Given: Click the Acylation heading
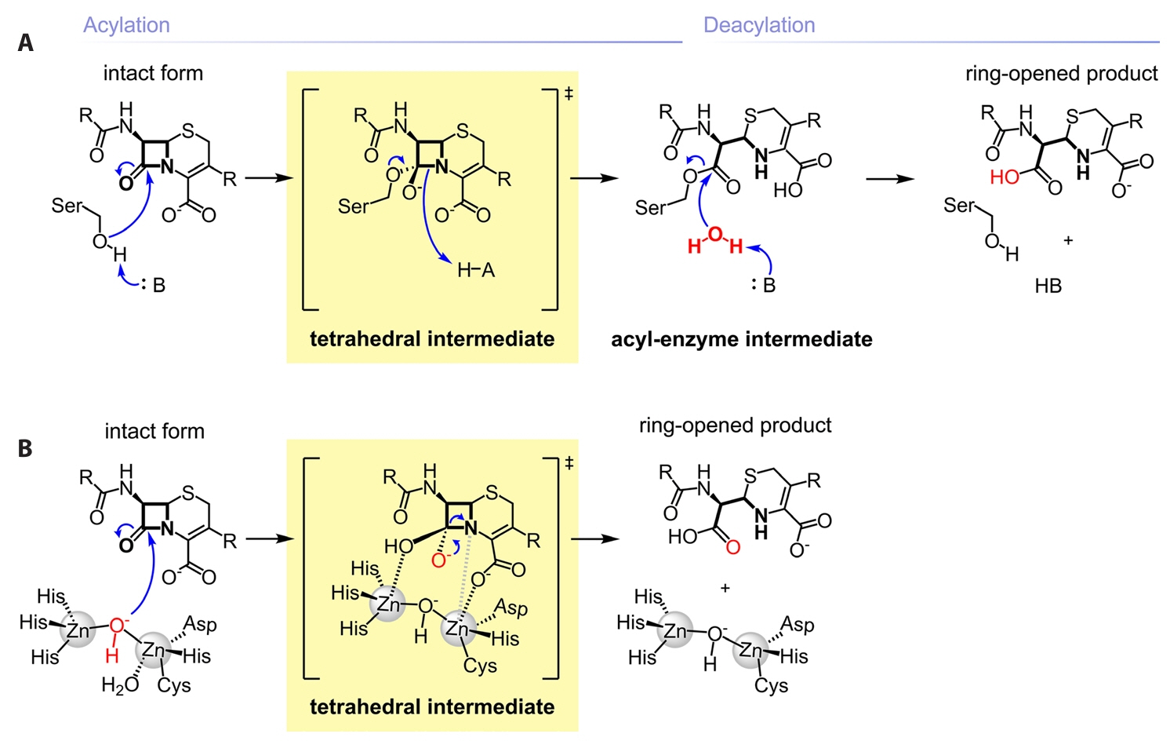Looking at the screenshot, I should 126,25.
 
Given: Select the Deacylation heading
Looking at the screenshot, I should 758,25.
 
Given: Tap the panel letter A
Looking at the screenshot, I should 26,42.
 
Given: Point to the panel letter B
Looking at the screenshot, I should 25,448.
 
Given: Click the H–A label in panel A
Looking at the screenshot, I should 476,271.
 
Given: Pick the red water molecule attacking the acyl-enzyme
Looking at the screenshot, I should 714,240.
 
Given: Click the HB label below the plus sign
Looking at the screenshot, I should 1048,287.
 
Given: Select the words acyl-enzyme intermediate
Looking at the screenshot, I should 741,339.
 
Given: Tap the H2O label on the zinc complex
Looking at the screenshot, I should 119,685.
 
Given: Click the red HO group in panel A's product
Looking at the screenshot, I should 1005,177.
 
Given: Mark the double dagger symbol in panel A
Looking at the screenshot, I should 569,94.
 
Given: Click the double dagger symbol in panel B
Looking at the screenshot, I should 569,463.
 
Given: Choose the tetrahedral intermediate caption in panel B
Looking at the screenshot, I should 432,706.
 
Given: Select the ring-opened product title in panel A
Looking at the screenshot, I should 1061,74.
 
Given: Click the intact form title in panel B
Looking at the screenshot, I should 154,432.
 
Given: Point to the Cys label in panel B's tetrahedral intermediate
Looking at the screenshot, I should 480,666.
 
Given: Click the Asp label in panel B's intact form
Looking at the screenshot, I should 200,624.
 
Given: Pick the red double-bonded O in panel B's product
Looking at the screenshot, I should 732,546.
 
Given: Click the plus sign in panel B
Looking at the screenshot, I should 725,588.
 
